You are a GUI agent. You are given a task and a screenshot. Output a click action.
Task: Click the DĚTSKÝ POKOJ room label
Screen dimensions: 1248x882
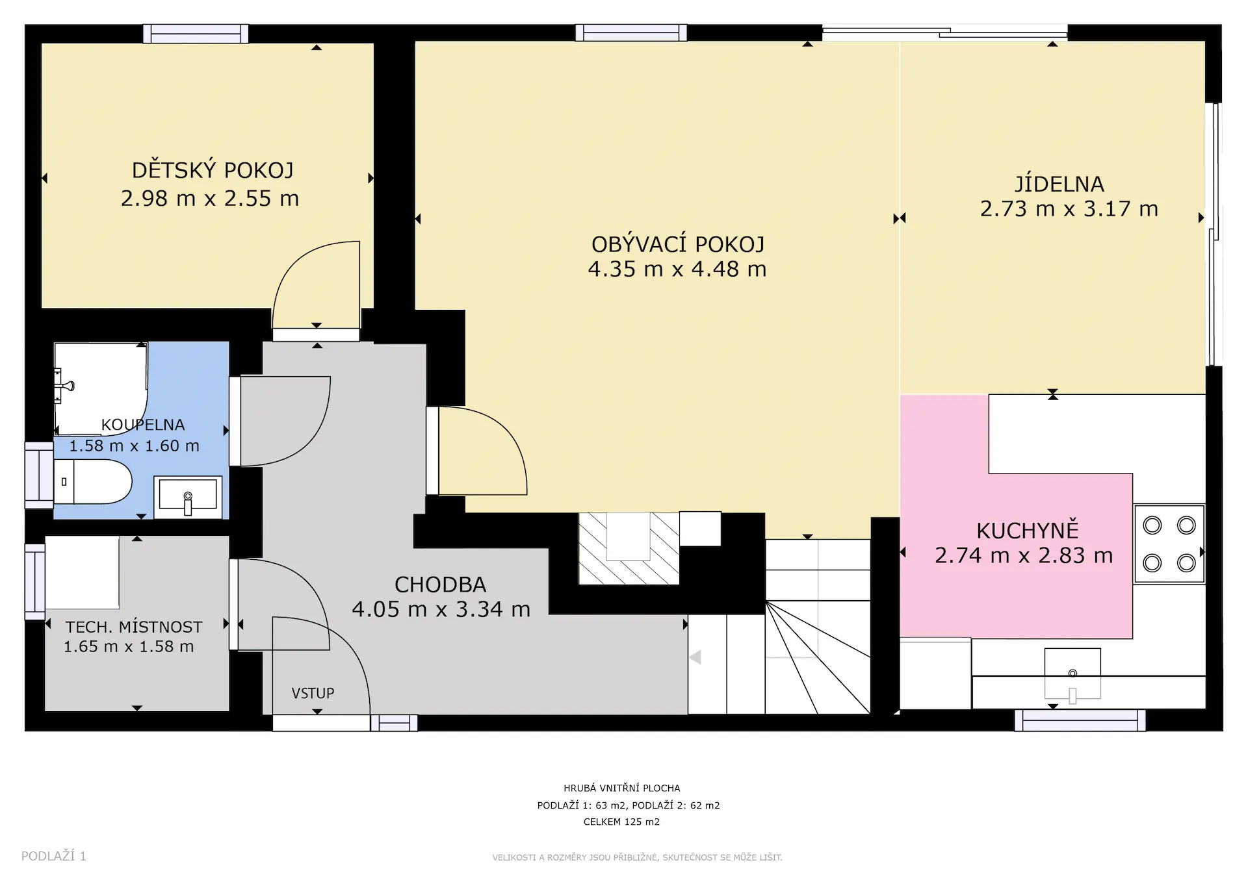pyautogui.click(x=213, y=170)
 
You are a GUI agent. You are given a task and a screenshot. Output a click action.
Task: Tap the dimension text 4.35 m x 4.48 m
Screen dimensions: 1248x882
pyautogui.click(x=677, y=269)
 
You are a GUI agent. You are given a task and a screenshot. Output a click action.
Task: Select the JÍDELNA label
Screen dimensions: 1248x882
pyautogui.click(x=1059, y=184)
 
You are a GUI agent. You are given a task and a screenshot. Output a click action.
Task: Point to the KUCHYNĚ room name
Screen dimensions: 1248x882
pyautogui.click(x=1028, y=531)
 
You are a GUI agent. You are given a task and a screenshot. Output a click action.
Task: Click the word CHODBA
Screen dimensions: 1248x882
pyautogui.click(x=441, y=585)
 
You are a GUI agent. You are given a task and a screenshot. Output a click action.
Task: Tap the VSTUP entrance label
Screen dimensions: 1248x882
pyautogui.click(x=313, y=693)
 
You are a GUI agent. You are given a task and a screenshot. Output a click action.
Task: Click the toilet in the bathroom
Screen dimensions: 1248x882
pyautogui.click(x=92, y=482)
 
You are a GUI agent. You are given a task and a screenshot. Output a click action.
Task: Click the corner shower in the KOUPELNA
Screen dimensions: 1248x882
pyautogui.click(x=101, y=388)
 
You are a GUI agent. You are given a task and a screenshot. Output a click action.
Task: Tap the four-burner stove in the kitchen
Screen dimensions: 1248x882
pyautogui.click(x=1169, y=544)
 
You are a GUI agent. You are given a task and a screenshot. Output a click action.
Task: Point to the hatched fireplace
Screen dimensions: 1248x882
pyautogui.click(x=629, y=548)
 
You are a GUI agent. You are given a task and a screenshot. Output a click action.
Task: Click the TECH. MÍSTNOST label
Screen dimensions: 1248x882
pyautogui.click(x=134, y=627)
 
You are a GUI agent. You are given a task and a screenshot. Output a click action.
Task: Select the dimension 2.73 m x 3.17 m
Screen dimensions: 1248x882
pyautogui.click(x=1069, y=209)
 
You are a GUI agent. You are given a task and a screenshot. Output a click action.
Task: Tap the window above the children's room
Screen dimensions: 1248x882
pyautogui.click(x=196, y=34)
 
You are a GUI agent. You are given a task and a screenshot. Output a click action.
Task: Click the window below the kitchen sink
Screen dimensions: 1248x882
pyautogui.click(x=1080, y=720)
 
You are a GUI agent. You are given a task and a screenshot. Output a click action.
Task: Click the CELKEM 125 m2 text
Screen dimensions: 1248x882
pyautogui.click(x=621, y=822)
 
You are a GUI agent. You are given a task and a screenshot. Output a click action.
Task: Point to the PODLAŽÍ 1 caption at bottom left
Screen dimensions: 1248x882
pyautogui.click(x=54, y=856)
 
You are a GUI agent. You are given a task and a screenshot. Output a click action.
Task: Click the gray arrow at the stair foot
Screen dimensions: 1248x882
pyautogui.click(x=695, y=658)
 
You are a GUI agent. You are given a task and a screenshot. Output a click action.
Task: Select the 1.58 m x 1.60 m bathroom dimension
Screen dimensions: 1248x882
pyautogui.click(x=134, y=446)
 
